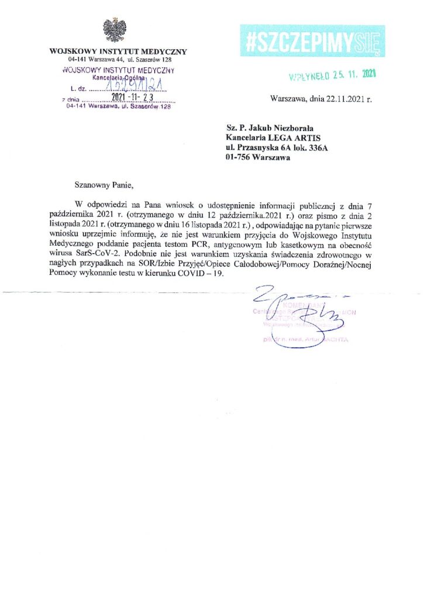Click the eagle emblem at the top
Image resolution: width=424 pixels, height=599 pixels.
pyautogui.click(x=112, y=30)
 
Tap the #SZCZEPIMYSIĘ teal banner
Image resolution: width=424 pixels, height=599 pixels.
pyautogui.click(x=312, y=42)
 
